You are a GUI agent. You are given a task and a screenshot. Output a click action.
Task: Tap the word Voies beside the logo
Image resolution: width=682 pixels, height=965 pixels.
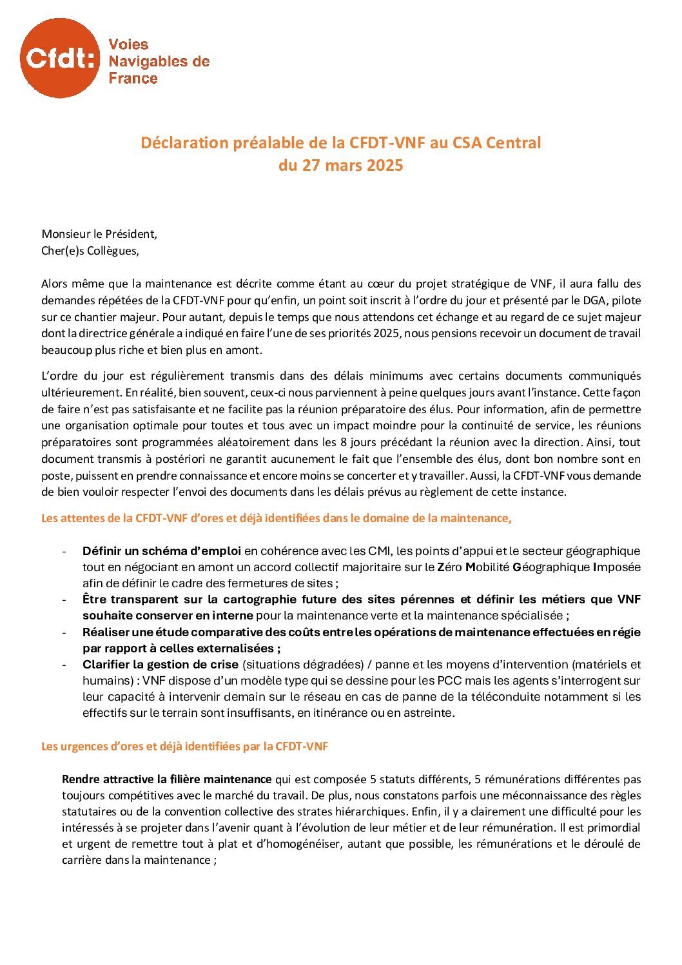coord(128,44)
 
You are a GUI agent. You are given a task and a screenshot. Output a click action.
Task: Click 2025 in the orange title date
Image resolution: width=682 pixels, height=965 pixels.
coord(385,166)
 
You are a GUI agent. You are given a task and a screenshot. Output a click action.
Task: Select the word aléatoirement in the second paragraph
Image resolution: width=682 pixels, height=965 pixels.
coord(253,442)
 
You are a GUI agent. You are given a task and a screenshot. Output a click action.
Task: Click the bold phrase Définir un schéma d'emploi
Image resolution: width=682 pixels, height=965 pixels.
coord(162,551)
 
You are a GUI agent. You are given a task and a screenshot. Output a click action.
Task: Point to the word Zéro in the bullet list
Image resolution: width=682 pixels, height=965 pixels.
coord(449,567)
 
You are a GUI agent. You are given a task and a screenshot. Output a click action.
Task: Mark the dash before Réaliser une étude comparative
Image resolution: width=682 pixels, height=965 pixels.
coord(64,632)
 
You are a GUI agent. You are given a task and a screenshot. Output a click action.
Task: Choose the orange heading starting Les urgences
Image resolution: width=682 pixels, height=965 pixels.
coord(184,746)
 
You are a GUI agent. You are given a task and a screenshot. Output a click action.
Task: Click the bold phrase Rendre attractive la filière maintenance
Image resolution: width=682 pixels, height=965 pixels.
coord(166,779)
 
